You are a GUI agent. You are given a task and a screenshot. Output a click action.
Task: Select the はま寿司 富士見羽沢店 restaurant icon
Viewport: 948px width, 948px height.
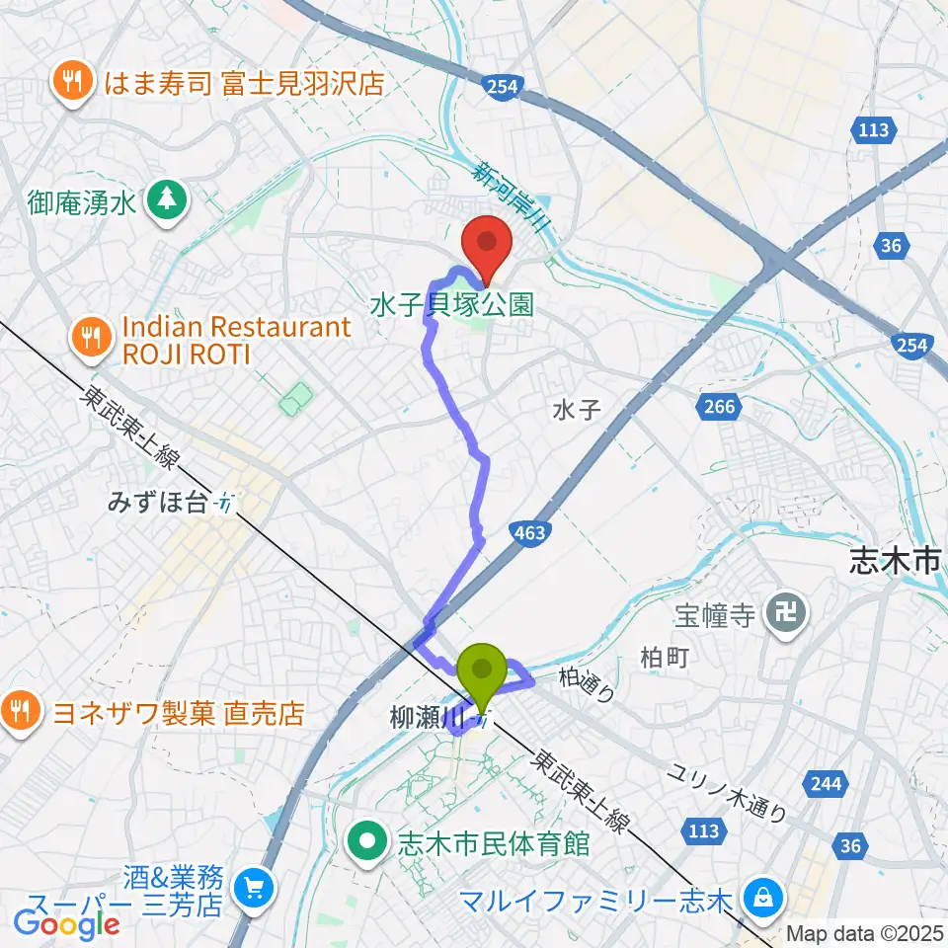click(x=72, y=81)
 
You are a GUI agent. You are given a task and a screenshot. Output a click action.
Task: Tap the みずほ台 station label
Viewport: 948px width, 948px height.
click(x=160, y=503)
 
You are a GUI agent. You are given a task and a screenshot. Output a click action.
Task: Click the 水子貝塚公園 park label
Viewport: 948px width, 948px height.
click(x=451, y=302)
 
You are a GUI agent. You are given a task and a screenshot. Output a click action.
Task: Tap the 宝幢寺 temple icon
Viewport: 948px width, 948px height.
click(x=790, y=615)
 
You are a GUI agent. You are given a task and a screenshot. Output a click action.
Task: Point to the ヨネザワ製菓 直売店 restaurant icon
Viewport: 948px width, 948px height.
click(x=18, y=710)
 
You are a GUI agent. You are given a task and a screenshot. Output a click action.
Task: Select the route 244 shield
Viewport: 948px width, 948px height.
click(x=826, y=785)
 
